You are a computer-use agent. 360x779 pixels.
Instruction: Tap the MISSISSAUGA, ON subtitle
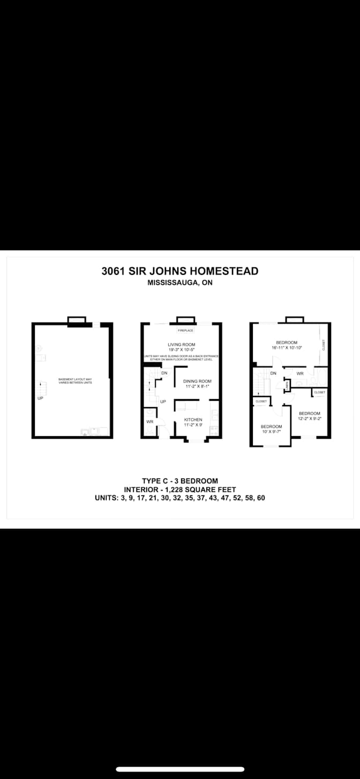180,283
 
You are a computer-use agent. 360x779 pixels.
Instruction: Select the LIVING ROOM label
181,344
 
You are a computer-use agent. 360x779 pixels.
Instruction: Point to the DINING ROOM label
197,381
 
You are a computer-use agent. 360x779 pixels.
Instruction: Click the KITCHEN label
193,420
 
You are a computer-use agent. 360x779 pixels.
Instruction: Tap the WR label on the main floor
149,422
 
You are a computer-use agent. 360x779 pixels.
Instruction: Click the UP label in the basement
40,398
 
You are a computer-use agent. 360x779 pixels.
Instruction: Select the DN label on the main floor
164,373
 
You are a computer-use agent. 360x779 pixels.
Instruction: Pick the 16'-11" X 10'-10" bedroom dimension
286,348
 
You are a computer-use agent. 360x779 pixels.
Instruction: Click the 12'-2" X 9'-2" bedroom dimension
309,418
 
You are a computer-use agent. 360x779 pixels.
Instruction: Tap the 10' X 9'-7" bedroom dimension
271,432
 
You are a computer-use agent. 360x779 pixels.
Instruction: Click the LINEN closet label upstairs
288,384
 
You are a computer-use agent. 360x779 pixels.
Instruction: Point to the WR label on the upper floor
300,373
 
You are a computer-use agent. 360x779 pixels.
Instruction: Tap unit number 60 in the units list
260,498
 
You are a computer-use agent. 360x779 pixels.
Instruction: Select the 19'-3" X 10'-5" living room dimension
181,349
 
